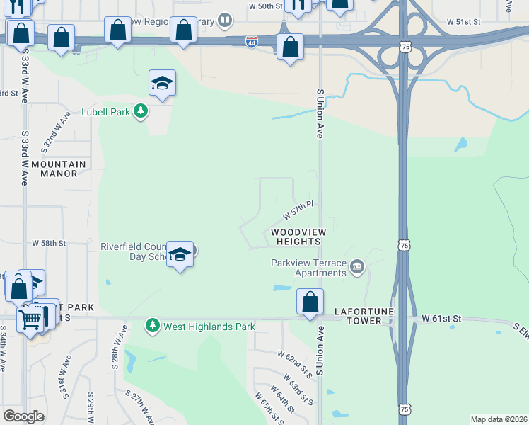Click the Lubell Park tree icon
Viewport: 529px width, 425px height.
point(141,111)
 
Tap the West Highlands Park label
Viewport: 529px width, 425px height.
point(209,327)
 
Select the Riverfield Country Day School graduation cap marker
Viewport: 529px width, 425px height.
point(180,255)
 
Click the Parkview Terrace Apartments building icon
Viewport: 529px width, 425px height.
point(357,268)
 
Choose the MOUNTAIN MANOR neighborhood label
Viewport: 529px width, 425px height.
point(59,169)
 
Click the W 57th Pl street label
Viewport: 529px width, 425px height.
point(298,209)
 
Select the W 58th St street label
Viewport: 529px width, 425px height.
point(49,243)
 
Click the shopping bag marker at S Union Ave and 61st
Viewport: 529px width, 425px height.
point(310,302)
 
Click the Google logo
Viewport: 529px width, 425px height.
point(23,416)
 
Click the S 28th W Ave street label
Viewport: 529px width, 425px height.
point(118,347)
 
